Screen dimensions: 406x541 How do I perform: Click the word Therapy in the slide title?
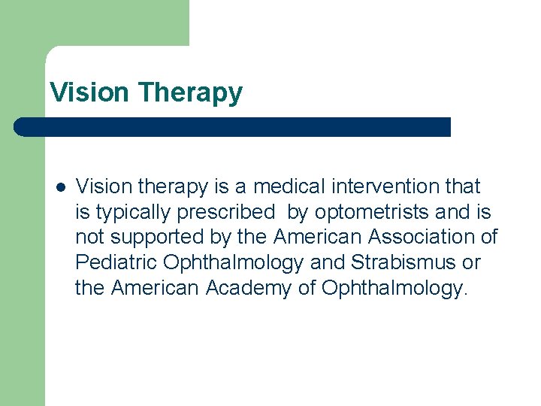[x=190, y=93]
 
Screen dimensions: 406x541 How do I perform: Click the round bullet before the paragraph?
[x=60, y=186]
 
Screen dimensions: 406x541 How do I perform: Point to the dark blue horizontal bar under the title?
[x=233, y=127]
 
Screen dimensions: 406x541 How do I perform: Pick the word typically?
[x=132, y=212]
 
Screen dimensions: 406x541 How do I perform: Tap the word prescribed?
[x=226, y=212]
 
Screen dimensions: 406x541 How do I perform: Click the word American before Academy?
[x=155, y=289]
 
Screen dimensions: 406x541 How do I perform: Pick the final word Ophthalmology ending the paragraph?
[x=394, y=289]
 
